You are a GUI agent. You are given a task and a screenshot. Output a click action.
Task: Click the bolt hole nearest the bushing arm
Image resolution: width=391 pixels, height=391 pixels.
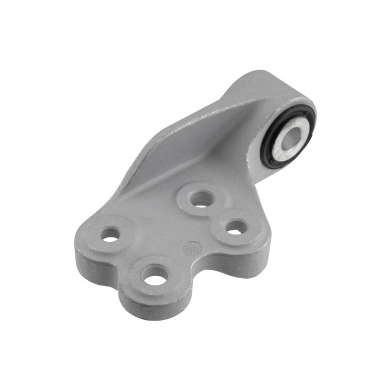pyautogui.click(x=202, y=198)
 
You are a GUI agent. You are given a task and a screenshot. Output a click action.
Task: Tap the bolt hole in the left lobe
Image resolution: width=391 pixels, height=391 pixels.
pyautogui.click(x=111, y=235)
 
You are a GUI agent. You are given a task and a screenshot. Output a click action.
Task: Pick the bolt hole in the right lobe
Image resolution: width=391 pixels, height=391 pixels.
pyautogui.click(x=236, y=227)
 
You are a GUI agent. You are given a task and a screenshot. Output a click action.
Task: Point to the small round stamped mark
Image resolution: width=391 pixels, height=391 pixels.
pyautogui.click(x=190, y=247)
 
